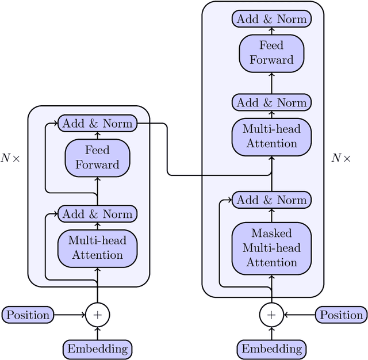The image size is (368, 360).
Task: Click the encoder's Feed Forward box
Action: (98, 158)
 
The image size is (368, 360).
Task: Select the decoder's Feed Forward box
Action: (271, 53)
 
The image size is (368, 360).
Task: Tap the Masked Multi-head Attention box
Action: (271, 248)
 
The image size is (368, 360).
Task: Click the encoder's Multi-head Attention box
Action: (98, 247)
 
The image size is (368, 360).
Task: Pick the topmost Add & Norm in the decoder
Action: (271, 18)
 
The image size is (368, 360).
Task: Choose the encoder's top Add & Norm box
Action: (97, 123)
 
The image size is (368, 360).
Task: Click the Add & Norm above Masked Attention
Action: (271, 200)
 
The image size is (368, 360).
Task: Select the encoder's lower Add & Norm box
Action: (97, 214)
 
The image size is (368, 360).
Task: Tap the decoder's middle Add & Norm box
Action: (271, 103)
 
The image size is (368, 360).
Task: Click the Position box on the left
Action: (28, 315)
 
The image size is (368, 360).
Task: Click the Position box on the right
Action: (342, 315)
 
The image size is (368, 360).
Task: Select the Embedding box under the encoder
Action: (98, 348)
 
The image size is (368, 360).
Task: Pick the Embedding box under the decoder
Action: (271, 348)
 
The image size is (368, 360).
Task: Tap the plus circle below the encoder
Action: (98, 315)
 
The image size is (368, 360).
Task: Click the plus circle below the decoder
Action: (271, 315)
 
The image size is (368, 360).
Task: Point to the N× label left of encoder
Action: (10, 158)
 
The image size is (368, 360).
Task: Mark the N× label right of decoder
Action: (341, 158)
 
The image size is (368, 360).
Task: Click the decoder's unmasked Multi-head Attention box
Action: (271, 136)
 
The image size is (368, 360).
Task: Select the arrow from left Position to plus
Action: (70, 315)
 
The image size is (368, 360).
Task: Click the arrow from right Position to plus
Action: (299, 315)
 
